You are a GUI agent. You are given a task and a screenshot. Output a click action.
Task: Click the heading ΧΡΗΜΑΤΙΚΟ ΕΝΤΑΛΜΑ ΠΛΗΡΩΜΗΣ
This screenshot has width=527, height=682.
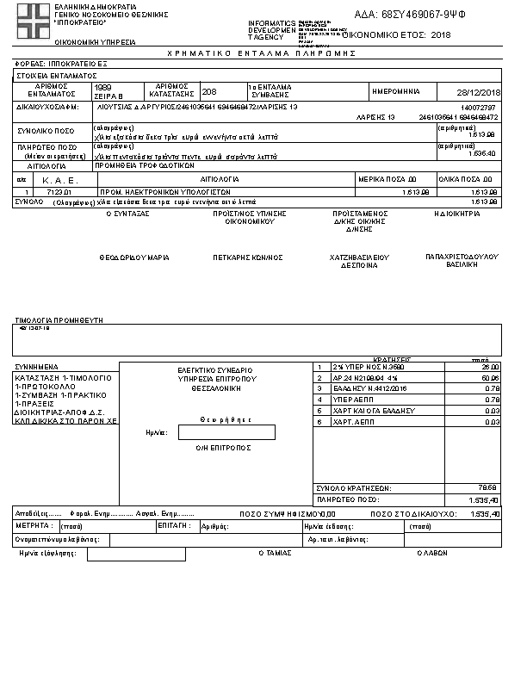[263, 53]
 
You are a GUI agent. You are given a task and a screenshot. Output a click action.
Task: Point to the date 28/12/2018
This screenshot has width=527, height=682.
[480, 92]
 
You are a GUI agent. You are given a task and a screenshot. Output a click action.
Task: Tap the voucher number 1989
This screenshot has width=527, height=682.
[102, 87]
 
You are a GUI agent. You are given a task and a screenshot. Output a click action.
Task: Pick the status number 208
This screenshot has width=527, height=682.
[209, 91]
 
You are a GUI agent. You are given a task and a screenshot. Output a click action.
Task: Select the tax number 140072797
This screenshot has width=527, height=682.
[480, 106]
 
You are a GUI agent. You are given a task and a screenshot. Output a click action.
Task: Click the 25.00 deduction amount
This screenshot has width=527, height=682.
[491, 367]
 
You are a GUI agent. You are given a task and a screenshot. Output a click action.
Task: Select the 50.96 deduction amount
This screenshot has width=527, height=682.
[491, 378]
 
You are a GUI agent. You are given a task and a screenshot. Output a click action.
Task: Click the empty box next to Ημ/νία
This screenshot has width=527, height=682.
[226, 432]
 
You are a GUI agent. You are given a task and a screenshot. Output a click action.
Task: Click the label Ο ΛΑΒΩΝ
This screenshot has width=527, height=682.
[433, 554]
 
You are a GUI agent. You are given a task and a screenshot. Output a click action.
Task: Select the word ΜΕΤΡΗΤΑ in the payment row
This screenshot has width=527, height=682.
[35, 525]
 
